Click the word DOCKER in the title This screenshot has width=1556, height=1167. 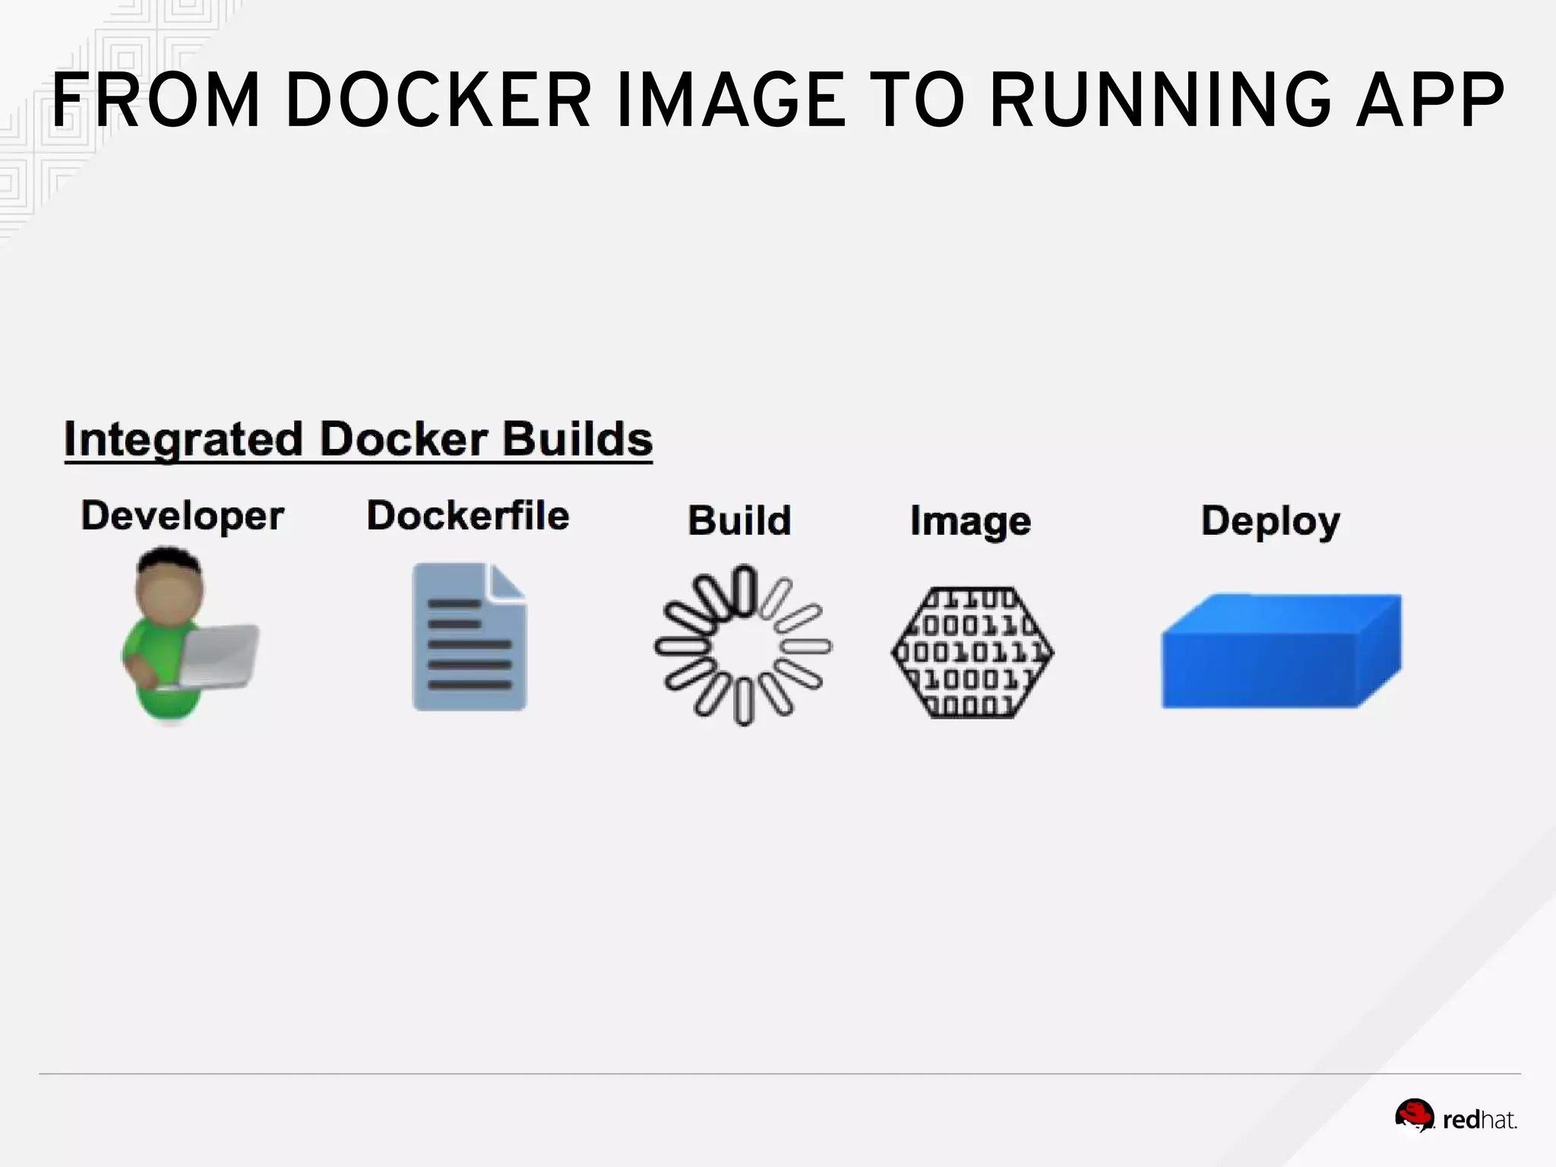tap(438, 100)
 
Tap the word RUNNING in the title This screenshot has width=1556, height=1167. tap(1160, 100)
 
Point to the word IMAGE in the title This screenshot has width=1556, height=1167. tap(730, 100)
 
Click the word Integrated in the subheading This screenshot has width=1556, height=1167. tap(183, 439)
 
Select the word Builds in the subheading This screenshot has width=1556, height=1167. tap(577, 439)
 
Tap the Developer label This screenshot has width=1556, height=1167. tap(182, 517)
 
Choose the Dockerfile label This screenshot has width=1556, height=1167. tap(468, 516)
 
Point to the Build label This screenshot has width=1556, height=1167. tap(739, 521)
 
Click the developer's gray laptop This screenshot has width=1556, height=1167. tap(220, 655)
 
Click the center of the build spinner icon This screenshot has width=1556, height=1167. tap(743, 646)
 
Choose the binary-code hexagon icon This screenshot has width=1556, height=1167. tap(972, 653)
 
